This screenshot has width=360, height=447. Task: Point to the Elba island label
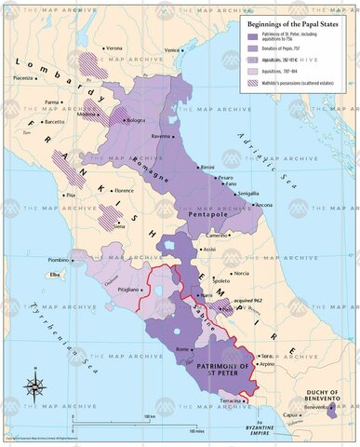coord(54,276)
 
